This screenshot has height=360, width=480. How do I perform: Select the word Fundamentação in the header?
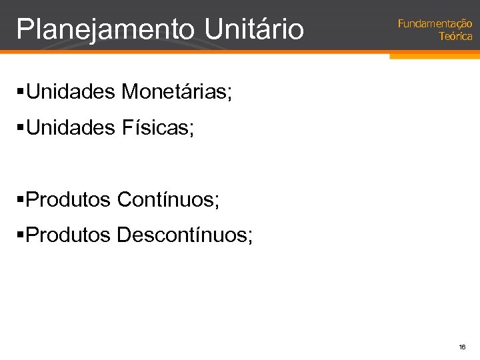point(435,24)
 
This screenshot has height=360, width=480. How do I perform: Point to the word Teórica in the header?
point(455,37)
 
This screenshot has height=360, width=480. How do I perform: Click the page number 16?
point(462,347)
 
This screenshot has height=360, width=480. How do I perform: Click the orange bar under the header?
point(434,56)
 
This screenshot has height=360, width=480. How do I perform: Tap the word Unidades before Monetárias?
point(71,92)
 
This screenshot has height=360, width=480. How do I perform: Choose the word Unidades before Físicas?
point(71,127)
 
